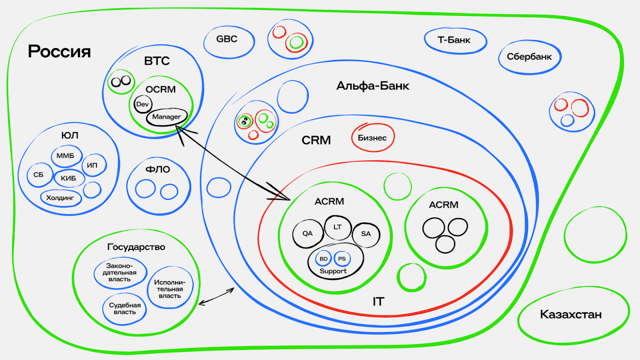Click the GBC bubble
click(228, 41)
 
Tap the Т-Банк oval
click(455, 40)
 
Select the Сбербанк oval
click(529, 57)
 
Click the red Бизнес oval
click(373, 138)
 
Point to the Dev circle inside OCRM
click(142, 104)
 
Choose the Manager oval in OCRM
click(167, 117)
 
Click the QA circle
click(308, 234)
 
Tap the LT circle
click(338, 227)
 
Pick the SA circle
click(366, 234)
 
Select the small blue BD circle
click(324, 259)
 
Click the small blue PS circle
click(342, 259)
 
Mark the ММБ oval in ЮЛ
click(66, 156)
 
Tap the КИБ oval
click(69, 178)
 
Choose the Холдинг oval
click(60, 198)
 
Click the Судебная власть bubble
click(125, 309)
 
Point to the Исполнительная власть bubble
click(169, 289)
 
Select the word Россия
click(59, 52)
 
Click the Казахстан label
click(571, 314)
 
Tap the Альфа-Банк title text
click(373, 86)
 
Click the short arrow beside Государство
click(216, 296)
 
